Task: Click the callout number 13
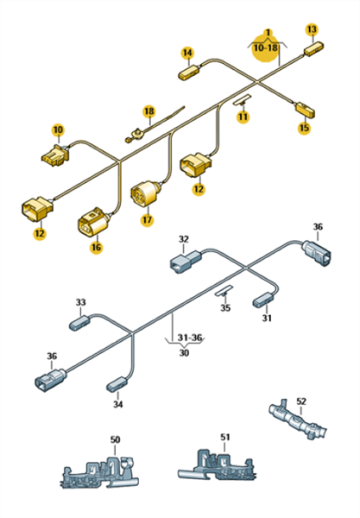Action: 312,29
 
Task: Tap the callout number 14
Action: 187,53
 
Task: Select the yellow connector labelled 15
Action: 305,110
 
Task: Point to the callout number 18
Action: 149,111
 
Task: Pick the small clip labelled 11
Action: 242,100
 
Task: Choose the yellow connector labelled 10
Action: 55,155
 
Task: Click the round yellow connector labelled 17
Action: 145,193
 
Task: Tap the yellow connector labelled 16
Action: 93,221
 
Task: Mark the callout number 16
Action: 96,248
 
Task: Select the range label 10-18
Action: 266,47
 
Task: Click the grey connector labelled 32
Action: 185,262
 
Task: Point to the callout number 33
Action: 80,302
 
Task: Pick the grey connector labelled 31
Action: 263,300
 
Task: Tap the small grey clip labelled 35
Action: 224,291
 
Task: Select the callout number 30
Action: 184,353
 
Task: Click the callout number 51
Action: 225,437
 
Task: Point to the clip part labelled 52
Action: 298,420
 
